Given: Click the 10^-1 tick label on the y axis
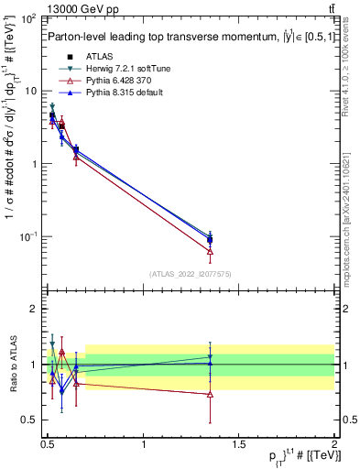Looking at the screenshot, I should coord(27,236).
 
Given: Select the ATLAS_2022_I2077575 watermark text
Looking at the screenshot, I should coord(191,273).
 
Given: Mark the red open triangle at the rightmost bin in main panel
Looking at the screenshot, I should coord(211,250).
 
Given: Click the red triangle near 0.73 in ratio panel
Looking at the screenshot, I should coord(211,394).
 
